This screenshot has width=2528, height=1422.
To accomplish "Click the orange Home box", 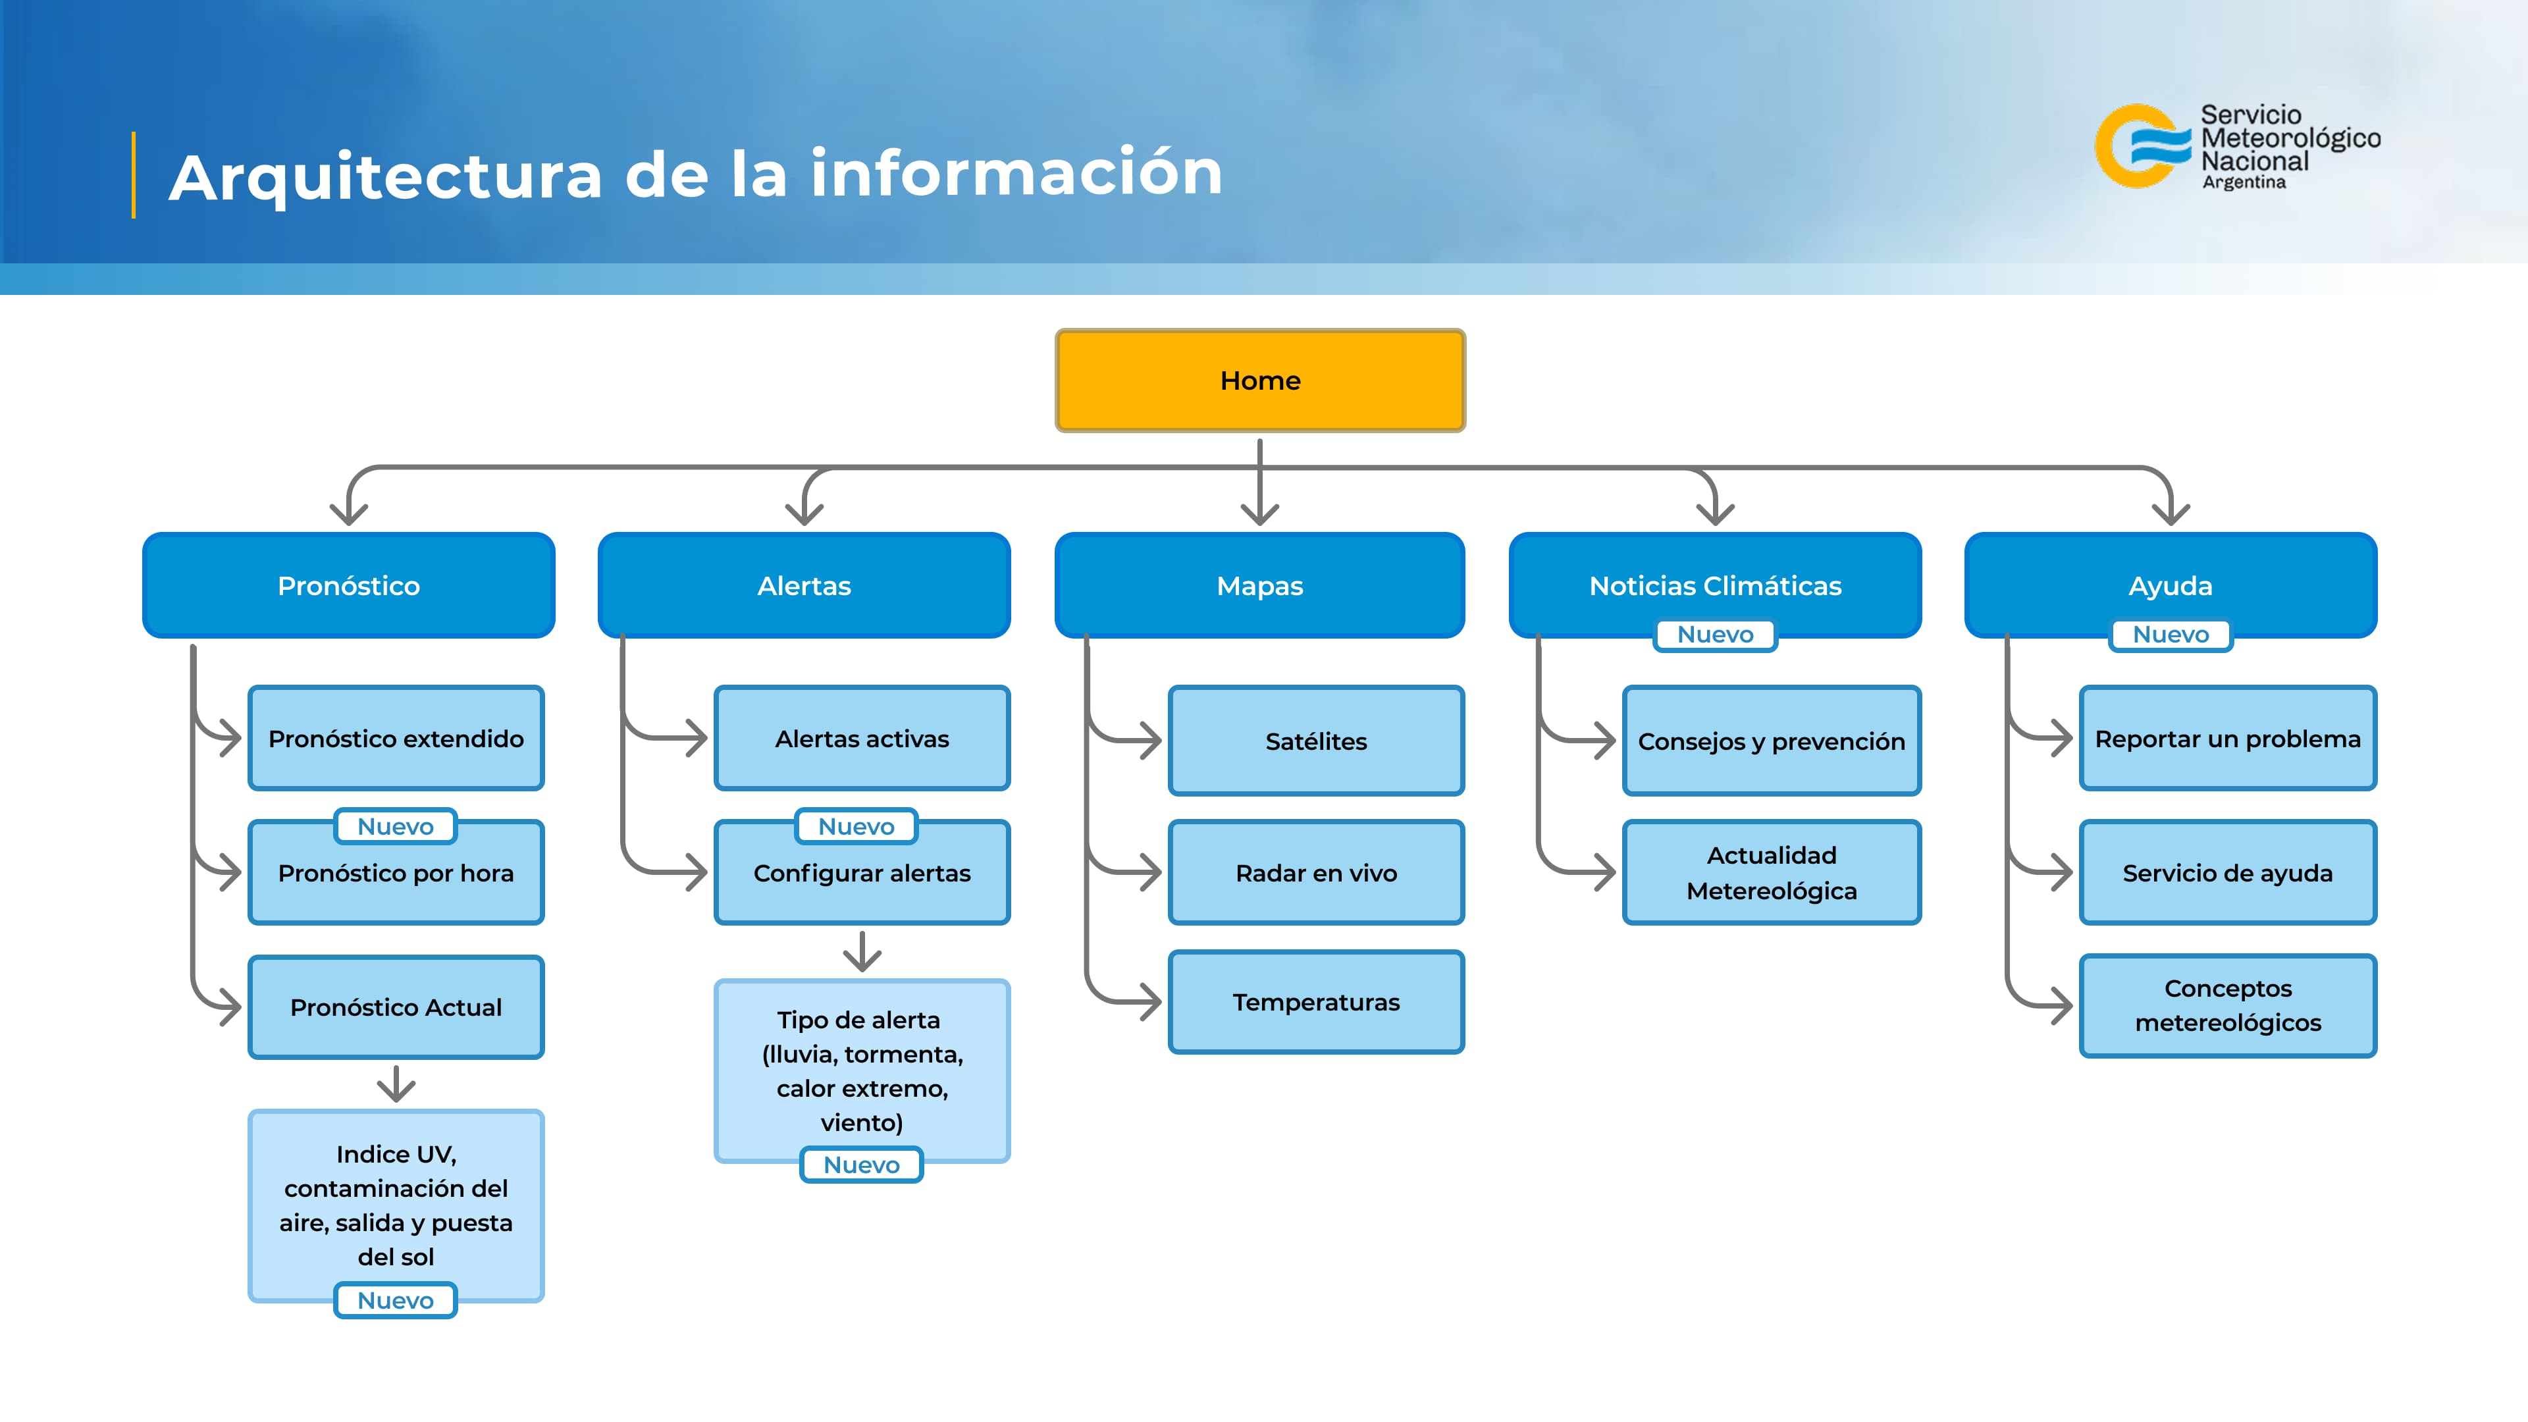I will click(1260, 381).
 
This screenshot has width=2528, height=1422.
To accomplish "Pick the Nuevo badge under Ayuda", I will click(2170, 635).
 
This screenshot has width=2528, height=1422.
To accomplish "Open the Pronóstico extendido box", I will click(396, 738).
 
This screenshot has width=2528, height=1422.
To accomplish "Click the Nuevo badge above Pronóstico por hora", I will click(396, 826).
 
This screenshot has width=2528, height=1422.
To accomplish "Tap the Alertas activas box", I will click(862, 738).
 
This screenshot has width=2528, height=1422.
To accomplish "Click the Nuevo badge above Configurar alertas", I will click(856, 826).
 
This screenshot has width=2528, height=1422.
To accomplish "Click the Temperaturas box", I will click(1316, 1002).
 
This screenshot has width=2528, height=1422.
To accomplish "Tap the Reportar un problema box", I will click(2228, 738).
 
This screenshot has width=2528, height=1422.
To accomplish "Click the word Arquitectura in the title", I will click(384, 176).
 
